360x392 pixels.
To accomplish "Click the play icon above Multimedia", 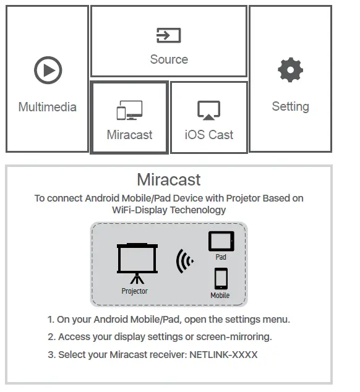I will (48, 70).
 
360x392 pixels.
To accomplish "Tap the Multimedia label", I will (48, 107).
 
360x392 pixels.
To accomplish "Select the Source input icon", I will (168, 35).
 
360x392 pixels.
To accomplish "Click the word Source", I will (169, 59).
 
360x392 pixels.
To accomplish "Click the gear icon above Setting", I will (290, 70).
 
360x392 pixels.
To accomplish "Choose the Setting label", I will (290, 106).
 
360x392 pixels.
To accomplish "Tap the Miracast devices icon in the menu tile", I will (129, 110).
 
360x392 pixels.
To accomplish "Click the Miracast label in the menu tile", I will (129, 135).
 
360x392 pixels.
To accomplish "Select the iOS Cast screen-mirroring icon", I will (208, 110).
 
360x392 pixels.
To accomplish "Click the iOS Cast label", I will (209, 135).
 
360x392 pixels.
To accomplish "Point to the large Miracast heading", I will (169, 180).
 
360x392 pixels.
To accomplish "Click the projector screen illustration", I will (137, 260).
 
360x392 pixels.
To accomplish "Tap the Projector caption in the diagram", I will (135, 291).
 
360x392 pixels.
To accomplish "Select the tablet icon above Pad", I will (221, 241).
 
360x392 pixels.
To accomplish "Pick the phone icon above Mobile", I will (220, 279).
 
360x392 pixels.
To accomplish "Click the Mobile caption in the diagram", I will (220, 296).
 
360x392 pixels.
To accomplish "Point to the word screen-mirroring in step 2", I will (238, 337).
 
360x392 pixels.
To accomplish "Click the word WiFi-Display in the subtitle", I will (142, 210).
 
